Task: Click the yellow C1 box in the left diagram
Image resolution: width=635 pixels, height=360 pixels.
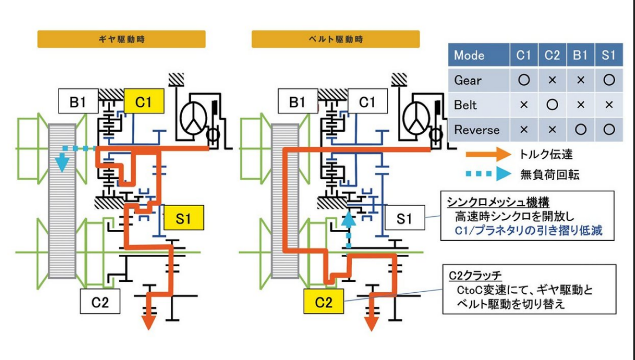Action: point(144,101)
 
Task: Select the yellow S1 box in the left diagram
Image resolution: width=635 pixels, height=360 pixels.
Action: point(183,218)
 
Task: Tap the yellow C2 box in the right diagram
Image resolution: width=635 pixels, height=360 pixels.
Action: point(324,301)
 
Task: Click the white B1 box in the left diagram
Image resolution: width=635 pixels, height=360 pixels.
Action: point(78,101)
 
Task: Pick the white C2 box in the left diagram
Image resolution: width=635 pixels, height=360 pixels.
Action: point(100,301)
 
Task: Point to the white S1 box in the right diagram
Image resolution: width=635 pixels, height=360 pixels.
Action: point(405,218)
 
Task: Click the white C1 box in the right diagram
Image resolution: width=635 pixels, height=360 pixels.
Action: point(367,101)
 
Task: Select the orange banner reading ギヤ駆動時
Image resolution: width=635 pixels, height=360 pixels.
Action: point(121,39)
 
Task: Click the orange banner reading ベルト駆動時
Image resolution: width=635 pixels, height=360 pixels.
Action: point(336,39)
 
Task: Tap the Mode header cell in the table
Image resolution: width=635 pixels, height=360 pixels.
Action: point(478,55)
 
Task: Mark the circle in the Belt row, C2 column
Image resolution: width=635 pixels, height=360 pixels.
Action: point(552,105)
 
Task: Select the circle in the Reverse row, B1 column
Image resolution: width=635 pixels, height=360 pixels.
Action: point(580,130)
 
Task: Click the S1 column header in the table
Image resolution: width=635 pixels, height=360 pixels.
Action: point(608,55)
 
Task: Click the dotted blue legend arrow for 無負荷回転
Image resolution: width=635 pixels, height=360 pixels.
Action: point(489,173)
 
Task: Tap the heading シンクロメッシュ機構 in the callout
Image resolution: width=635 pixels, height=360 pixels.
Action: point(498,202)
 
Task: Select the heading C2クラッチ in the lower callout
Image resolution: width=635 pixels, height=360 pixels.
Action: point(475,276)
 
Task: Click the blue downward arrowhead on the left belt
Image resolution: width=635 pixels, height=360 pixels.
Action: point(62,163)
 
